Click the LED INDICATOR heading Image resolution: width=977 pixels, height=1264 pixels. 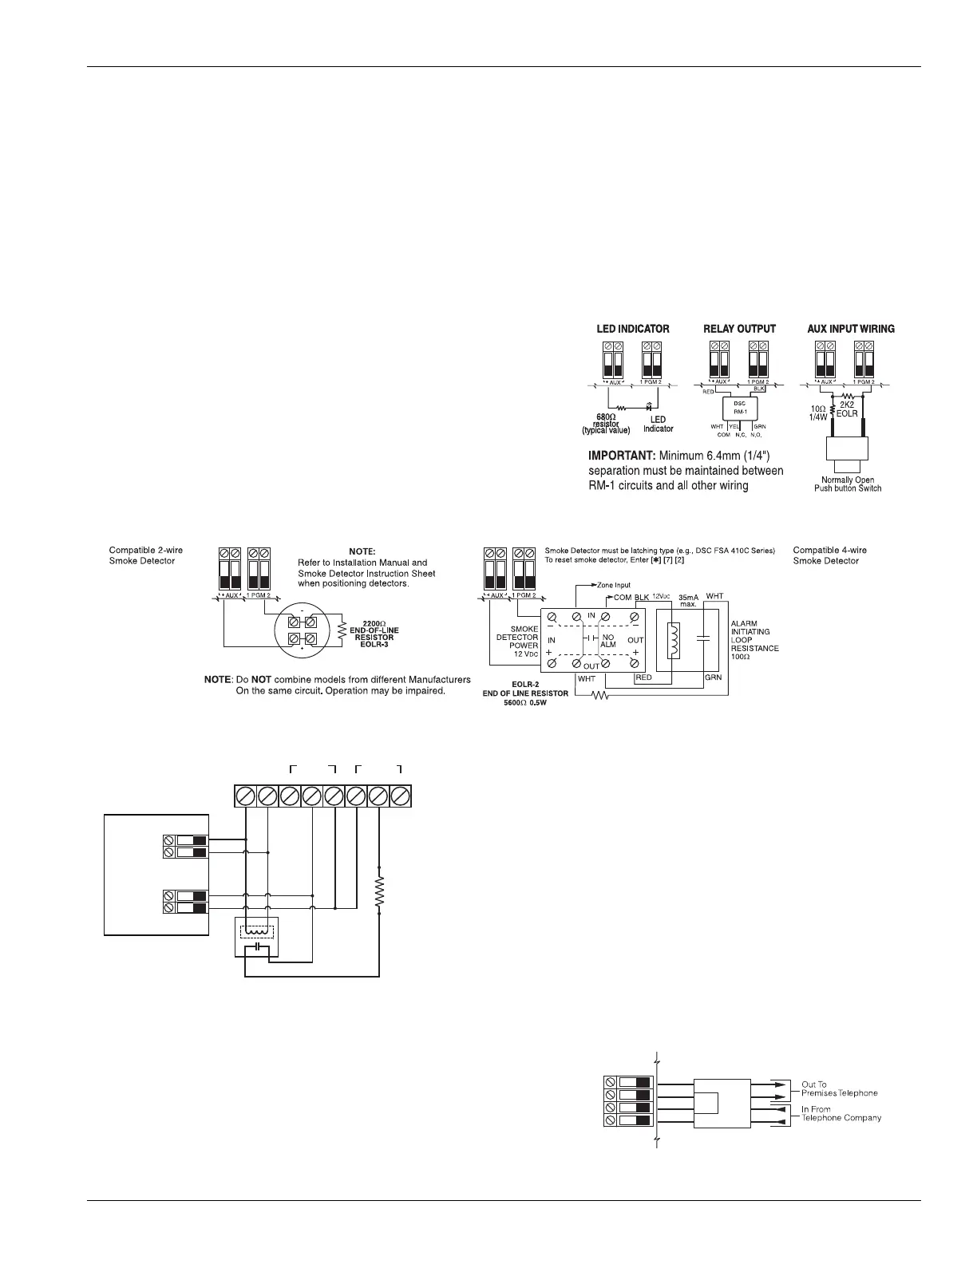click(633, 329)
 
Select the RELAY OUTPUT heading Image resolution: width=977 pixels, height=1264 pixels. click(739, 329)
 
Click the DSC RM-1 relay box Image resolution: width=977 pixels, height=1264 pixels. click(739, 408)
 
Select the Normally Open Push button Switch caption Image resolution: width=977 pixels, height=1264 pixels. click(848, 484)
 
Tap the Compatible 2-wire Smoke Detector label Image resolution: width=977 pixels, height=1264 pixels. click(142, 555)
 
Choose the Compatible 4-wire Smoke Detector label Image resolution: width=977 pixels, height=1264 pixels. click(830, 555)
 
